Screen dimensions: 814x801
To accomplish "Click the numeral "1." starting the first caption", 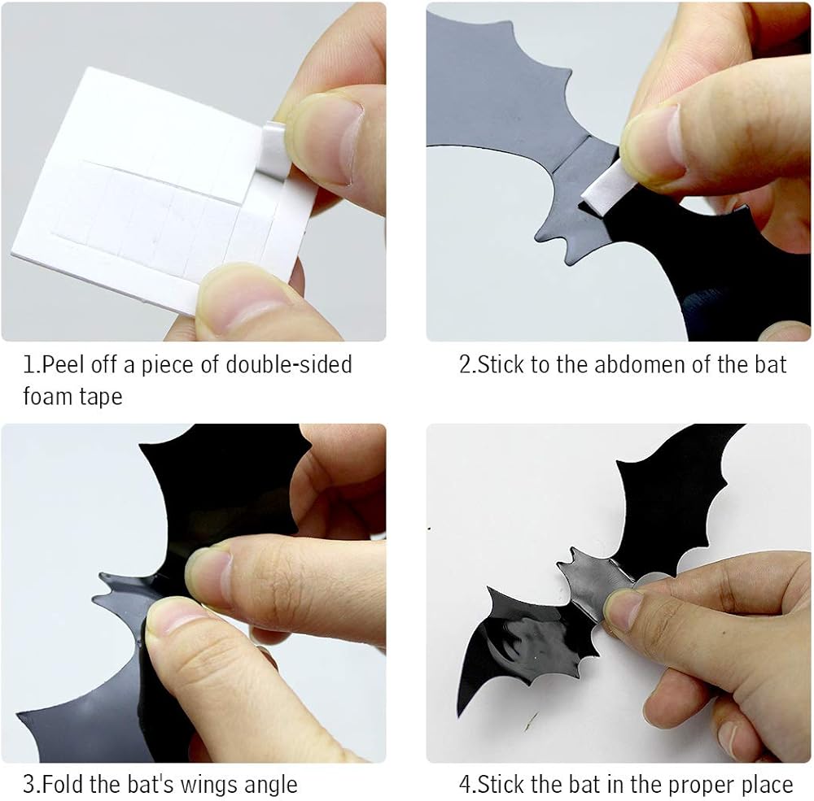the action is click(x=32, y=364).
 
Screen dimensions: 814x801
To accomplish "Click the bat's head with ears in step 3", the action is click(x=120, y=601).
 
